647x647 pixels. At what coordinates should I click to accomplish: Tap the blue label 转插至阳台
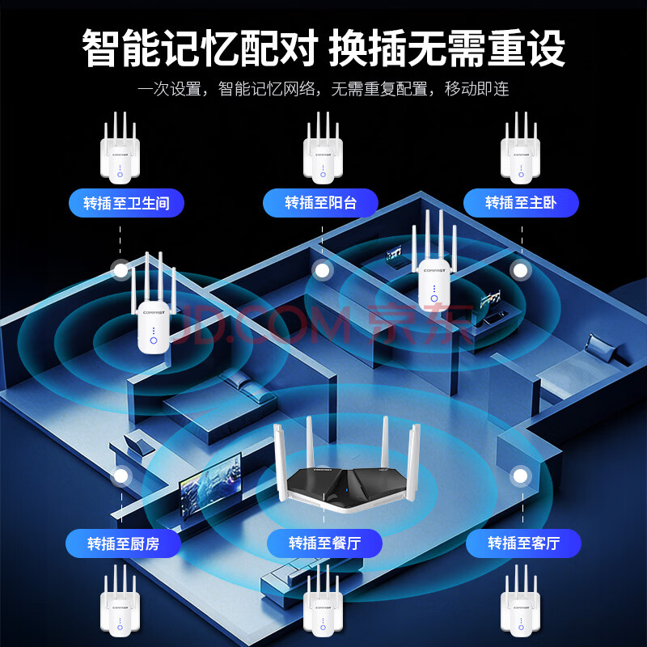(x=321, y=202)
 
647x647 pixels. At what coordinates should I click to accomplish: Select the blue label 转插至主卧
(x=521, y=202)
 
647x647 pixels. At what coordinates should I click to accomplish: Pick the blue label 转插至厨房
(x=123, y=543)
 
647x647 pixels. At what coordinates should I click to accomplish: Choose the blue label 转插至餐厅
(x=323, y=543)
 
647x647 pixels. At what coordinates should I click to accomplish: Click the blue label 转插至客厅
(x=523, y=543)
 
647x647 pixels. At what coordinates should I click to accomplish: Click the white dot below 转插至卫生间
(x=121, y=270)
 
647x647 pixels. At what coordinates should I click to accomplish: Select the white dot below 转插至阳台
(x=321, y=270)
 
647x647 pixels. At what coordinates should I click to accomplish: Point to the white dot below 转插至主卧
(x=520, y=270)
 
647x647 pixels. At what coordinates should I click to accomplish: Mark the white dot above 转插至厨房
(x=121, y=476)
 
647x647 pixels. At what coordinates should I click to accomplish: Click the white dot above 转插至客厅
(x=520, y=476)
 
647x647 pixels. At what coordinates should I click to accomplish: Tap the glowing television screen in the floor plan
(x=210, y=483)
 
